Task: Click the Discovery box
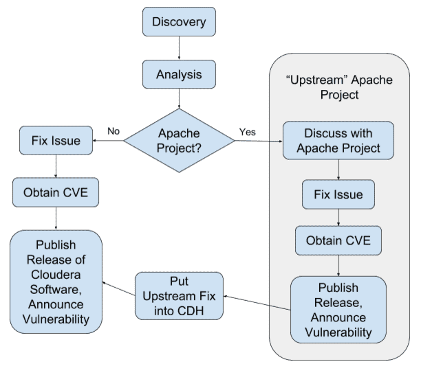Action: [x=179, y=22]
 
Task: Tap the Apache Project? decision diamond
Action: [x=179, y=141]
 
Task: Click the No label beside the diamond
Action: [x=115, y=130]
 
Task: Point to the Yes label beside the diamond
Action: [x=248, y=130]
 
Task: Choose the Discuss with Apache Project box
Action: [x=338, y=140]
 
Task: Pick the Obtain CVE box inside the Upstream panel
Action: [x=338, y=240]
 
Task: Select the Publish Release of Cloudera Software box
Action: [x=56, y=282]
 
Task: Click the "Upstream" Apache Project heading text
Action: [x=338, y=87]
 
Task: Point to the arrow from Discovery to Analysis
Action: [x=179, y=48]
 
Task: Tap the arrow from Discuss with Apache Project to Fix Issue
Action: [x=338, y=170]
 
